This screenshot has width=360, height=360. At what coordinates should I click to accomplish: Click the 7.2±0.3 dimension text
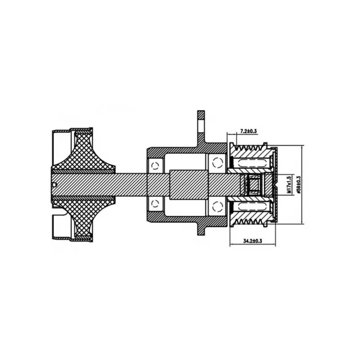[248, 131]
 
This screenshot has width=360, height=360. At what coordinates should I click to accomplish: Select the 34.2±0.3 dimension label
[252, 241]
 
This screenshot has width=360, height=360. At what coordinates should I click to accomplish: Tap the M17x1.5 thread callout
[289, 184]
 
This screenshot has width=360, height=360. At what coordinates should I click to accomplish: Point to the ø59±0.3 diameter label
[298, 185]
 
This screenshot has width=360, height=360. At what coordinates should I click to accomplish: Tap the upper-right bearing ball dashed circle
[218, 163]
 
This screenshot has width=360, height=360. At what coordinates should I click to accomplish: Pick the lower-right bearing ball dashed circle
[218, 206]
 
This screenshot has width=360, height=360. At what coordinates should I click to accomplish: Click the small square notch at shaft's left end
[54, 184]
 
